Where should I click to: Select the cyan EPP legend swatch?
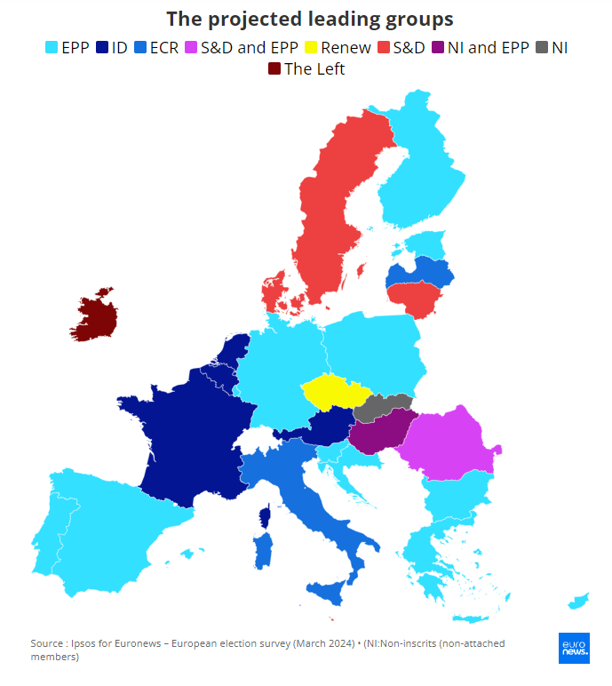click(52, 48)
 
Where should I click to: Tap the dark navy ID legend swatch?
click(103, 48)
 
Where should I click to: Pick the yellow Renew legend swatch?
click(312, 48)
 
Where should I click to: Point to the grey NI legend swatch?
click(541, 48)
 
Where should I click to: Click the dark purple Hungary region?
click(380, 432)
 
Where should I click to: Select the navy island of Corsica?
click(264, 516)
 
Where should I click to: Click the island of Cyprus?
click(580, 602)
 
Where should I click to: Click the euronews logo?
click(574, 648)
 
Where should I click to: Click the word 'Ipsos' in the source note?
click(88, 642)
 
